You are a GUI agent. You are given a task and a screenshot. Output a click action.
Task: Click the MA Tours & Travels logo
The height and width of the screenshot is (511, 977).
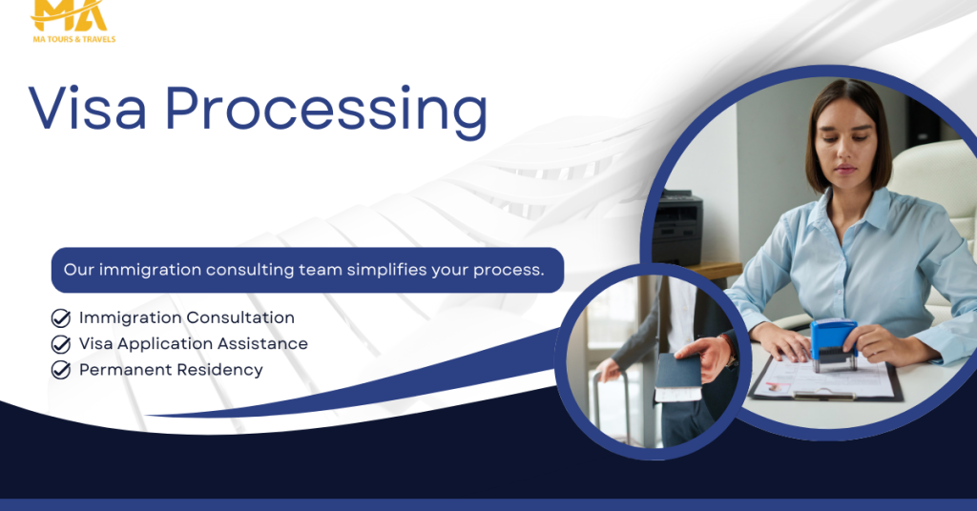pyautogui.click(x=73, y=21)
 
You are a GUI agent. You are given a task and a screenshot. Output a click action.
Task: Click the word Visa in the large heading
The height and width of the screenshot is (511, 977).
pyautogui.click(x=88, y=109)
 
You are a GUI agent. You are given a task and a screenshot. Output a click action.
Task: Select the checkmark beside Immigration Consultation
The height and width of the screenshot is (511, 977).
pyautogui.click(x=60, y=318)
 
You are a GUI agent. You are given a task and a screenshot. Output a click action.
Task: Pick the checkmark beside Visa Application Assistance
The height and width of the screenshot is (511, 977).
pyautogui.click(x=60, y=344)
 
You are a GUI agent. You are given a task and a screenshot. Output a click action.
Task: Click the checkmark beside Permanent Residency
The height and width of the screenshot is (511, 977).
pyautogui.click(x=60, y=370)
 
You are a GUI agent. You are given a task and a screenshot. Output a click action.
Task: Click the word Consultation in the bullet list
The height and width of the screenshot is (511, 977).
pyautogui.click(x=239, y=317)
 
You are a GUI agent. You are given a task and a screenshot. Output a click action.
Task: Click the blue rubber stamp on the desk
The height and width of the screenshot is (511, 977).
pyautogui.click(x=833, y=344)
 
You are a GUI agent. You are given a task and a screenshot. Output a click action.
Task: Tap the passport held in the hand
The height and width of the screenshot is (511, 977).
pyautogui.click(x=678, y=377)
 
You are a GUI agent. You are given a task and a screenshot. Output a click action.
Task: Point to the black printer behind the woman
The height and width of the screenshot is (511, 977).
pyautogui.click(x=677, y=227)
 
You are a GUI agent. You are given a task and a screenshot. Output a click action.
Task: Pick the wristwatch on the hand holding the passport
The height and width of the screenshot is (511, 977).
pyautogui.click(x=730, y=352)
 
